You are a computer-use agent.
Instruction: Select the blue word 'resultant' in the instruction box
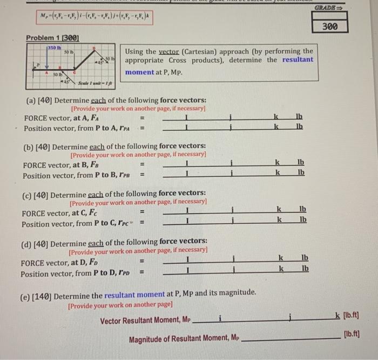click(296, 59)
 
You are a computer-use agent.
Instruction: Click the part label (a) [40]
click(39, 100)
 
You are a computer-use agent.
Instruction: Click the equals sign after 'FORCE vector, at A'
click(143, 117)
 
